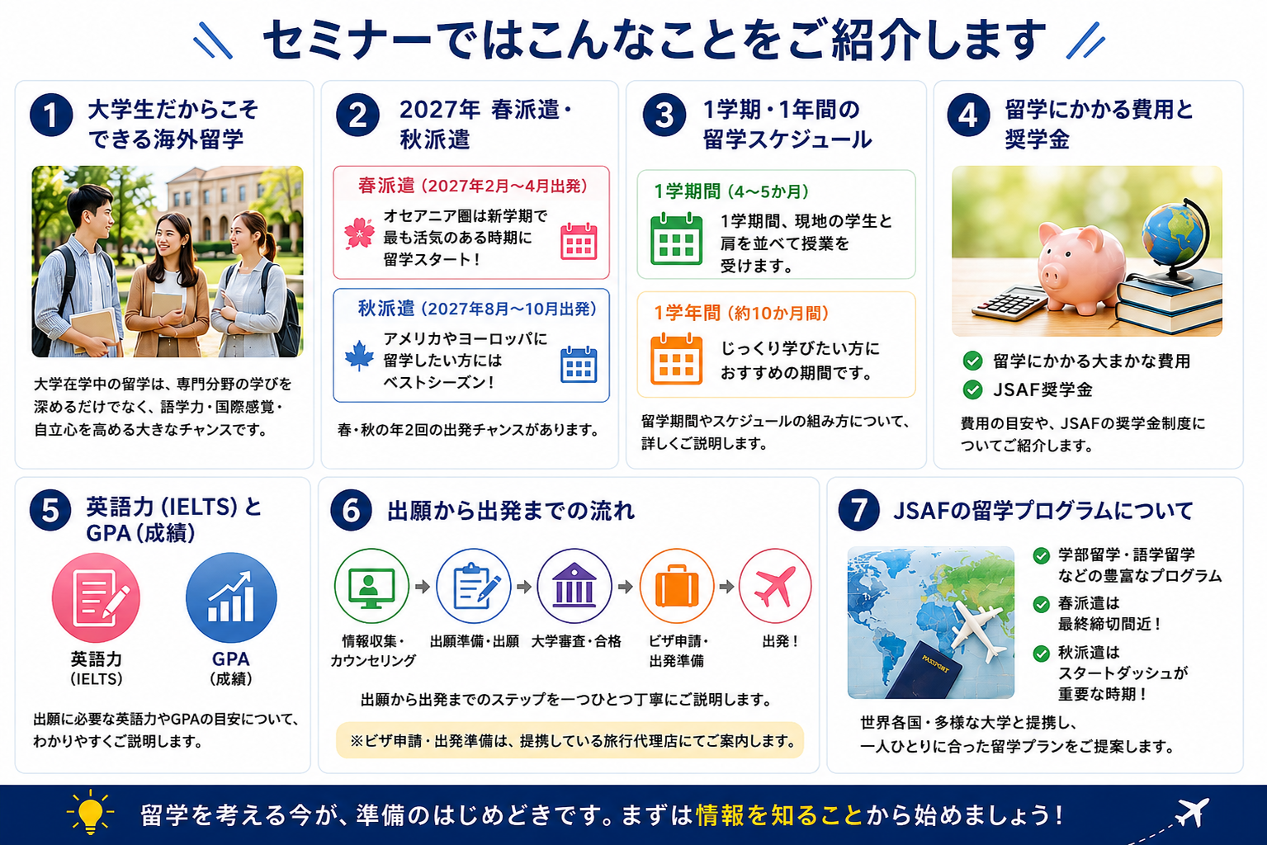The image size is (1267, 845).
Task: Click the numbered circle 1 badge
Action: point(51,115)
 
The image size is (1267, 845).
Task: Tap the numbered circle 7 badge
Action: point(858,510)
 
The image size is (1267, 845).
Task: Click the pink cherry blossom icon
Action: point(359,234)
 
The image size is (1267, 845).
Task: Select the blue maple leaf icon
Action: point(359,355)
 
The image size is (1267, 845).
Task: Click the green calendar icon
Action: point(677,239)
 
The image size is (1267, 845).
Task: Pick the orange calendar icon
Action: point(677,359)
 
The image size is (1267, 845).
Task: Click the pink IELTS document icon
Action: point(96,597)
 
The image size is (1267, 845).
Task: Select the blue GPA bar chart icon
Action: point(231,597)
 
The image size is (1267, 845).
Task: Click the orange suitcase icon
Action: point(677,586)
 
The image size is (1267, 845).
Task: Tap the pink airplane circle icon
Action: point(775,586)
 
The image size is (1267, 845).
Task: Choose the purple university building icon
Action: point(574,586)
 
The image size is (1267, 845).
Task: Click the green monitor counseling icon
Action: point(371,586)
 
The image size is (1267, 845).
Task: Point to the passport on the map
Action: point(922,671)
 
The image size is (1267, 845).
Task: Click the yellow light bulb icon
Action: point(90,812)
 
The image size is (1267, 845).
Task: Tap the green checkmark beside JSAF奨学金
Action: point(972,389)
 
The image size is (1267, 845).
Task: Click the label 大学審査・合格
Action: point(576,641)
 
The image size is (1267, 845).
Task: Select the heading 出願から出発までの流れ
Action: point(511,510)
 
